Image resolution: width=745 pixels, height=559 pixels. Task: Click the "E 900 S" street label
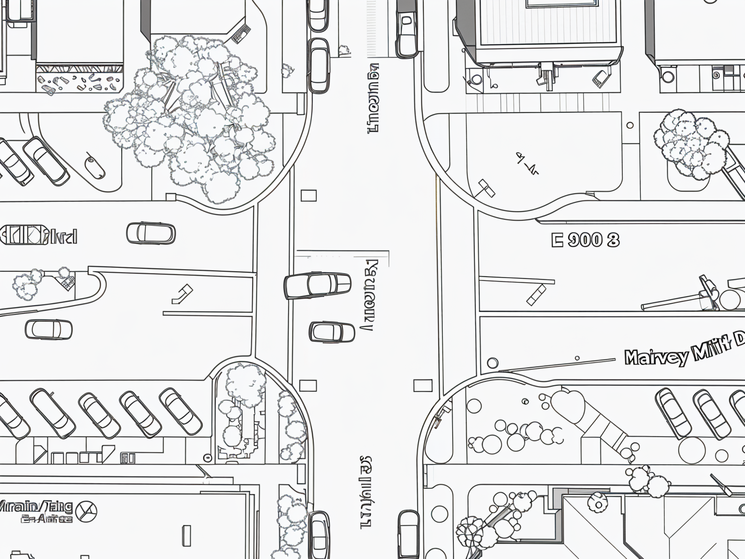click(585, 240)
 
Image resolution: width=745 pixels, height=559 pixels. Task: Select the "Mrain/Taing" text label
click(36, 508)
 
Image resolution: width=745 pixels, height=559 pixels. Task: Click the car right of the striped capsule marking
click(151, 233)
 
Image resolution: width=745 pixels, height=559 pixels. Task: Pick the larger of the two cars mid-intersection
click(317, 285)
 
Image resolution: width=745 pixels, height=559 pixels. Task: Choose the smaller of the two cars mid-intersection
click(332, 332)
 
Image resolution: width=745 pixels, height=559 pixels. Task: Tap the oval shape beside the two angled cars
click(95, 165)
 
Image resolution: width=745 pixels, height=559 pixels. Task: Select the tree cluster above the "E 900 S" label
click(689, 141)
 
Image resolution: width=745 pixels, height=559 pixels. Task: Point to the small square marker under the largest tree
click(171, 197)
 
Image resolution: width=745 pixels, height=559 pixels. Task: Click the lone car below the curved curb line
click(49, 330)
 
